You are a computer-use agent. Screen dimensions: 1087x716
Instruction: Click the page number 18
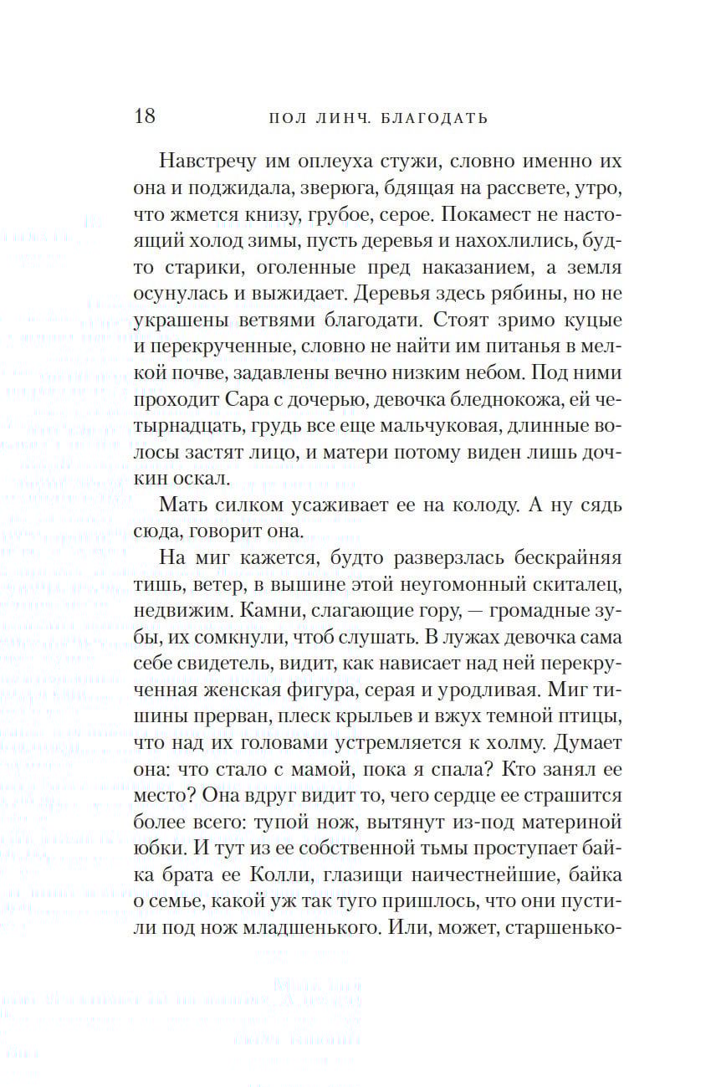[x=145, y=115]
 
